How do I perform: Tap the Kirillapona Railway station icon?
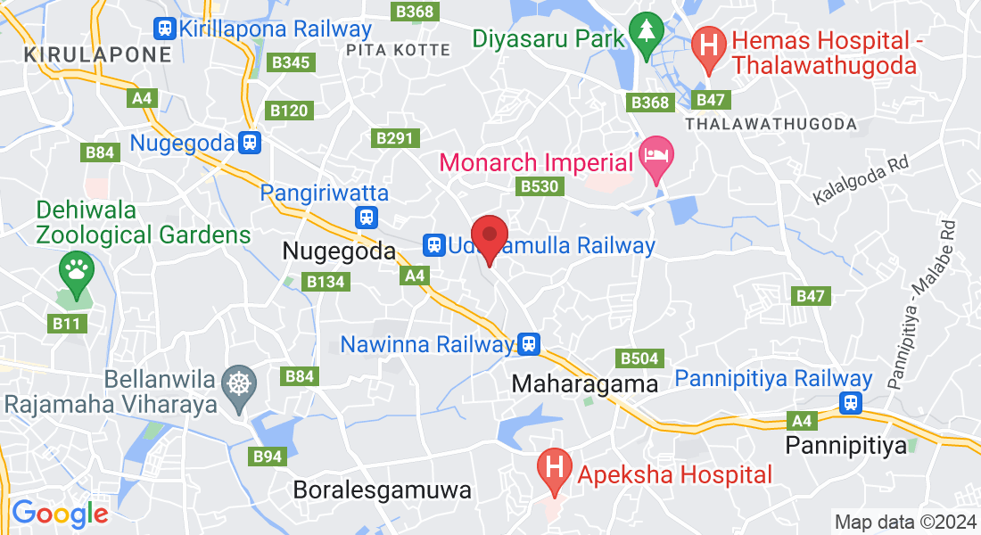pos(164,29)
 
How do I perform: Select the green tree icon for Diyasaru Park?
pos(642,30)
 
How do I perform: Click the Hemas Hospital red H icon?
pos(710,44)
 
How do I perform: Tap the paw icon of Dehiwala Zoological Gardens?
pos(76,267)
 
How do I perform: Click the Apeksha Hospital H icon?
pos(554,466)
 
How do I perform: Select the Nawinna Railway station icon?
pos(530,343)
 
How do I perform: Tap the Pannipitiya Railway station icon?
pos(852,403)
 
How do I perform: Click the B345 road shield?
pos(292,62)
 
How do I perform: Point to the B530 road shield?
pos(539,185)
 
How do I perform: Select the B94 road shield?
pos(268,457)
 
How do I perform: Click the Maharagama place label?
pos(584,384)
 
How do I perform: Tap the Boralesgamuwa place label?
pos(382,490)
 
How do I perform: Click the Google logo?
pos(60,514)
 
